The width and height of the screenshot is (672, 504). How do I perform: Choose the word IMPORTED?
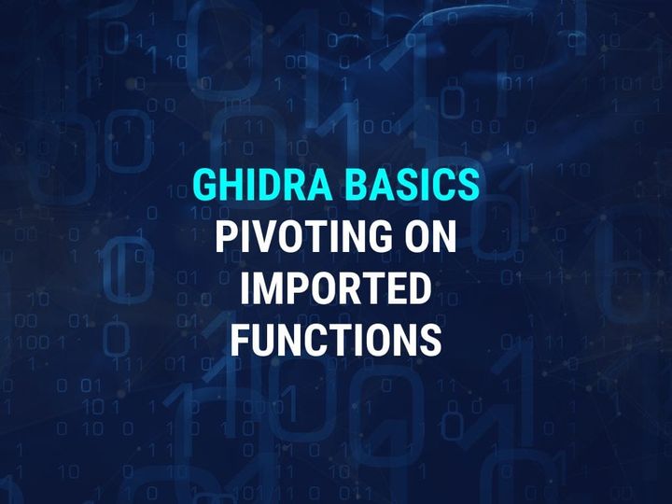tap(336, 289)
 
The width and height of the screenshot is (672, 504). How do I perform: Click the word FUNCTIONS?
tap(336, 341)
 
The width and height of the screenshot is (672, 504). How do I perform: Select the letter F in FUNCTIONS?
tap(240, 341)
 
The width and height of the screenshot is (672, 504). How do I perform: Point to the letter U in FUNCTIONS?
tap(265, 341)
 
